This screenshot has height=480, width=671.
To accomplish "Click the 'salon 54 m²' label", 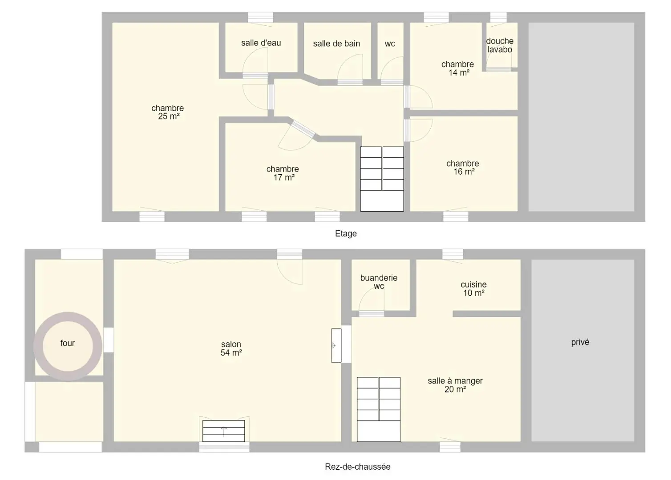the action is pyautogui.click(x=231, y=348).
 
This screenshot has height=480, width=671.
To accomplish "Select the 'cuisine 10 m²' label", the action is pyautogui.click(x=473, y=288).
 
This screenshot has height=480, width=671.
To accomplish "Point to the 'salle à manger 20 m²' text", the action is pyautogui.click(x=455, y=385).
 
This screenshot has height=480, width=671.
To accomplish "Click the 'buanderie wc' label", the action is pyautogui.click(x=379, y=282).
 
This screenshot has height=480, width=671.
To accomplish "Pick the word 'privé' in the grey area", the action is pyautogui.click(x=580, y=342).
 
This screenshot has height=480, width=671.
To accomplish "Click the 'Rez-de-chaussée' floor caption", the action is pyautogui.click(x=358, y=467).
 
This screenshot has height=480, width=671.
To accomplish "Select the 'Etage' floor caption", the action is pyautogui.click(x=346, y=233).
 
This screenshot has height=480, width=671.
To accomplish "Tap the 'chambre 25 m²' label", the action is pyautogui.click(x=168, y=112).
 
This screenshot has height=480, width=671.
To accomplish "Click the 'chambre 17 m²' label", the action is pyautogui.click(x=283, y=173).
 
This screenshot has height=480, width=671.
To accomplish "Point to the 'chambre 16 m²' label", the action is pyautogui.click(x=463, y=167).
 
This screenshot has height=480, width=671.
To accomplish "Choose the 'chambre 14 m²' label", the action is pyautogui.click(x=458, y=68).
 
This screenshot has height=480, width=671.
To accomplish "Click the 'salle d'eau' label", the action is pyautogui.click(x=261, y=43).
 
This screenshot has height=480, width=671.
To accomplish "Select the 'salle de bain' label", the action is pyautogui.click(x=336, y=44).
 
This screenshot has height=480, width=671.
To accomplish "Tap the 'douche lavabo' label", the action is pyautogui.click(x=500, y=45).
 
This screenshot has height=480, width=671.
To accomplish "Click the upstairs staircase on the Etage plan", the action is pyautogui.click(x=382, y=179).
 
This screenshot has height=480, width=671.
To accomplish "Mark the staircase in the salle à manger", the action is pyautogui.click(x=379, y=409).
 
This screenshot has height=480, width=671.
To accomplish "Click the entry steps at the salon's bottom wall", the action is pyautogui.click(x=224, y=431).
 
